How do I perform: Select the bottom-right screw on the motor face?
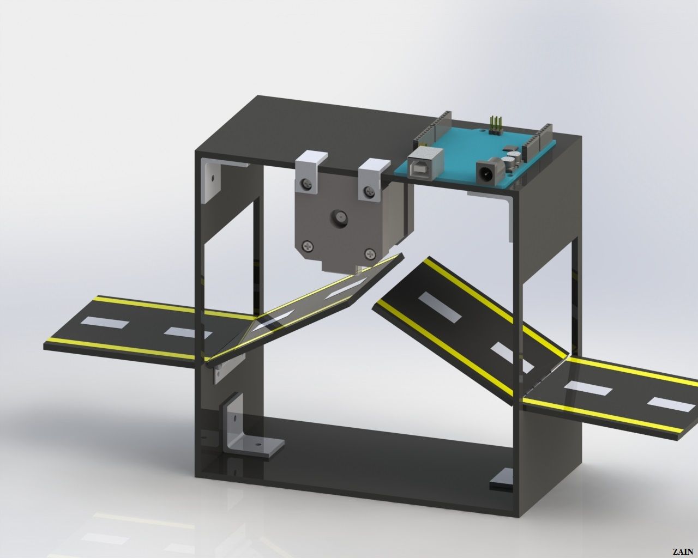click(370, 253)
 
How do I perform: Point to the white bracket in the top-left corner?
click(210, 179)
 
